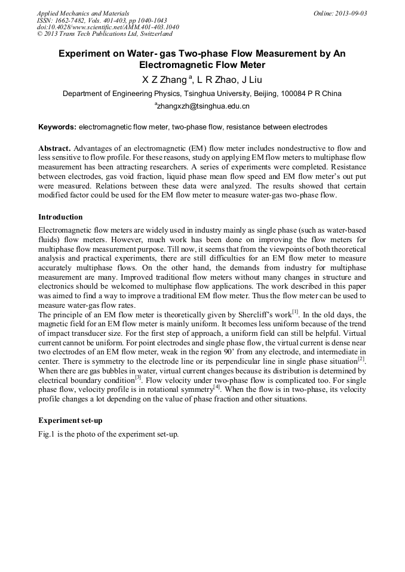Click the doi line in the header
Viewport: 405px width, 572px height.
coord(107,27)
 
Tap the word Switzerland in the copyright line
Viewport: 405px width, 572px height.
coord(154,35)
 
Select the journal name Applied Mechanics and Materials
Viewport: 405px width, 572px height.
coord(82,13)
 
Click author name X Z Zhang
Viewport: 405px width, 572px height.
coord(158,79)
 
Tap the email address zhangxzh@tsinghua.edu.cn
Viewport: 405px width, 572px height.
coord(203,106)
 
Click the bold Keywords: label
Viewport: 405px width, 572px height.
coord(57,127)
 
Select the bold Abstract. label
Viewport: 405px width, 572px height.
coord(55,148)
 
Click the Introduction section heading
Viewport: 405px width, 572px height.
coord(60,217)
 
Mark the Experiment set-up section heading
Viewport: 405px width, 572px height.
coord(70,420)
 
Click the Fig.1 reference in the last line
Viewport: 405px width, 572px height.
coord(47,434)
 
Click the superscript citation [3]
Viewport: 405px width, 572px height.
coord(137,377)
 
